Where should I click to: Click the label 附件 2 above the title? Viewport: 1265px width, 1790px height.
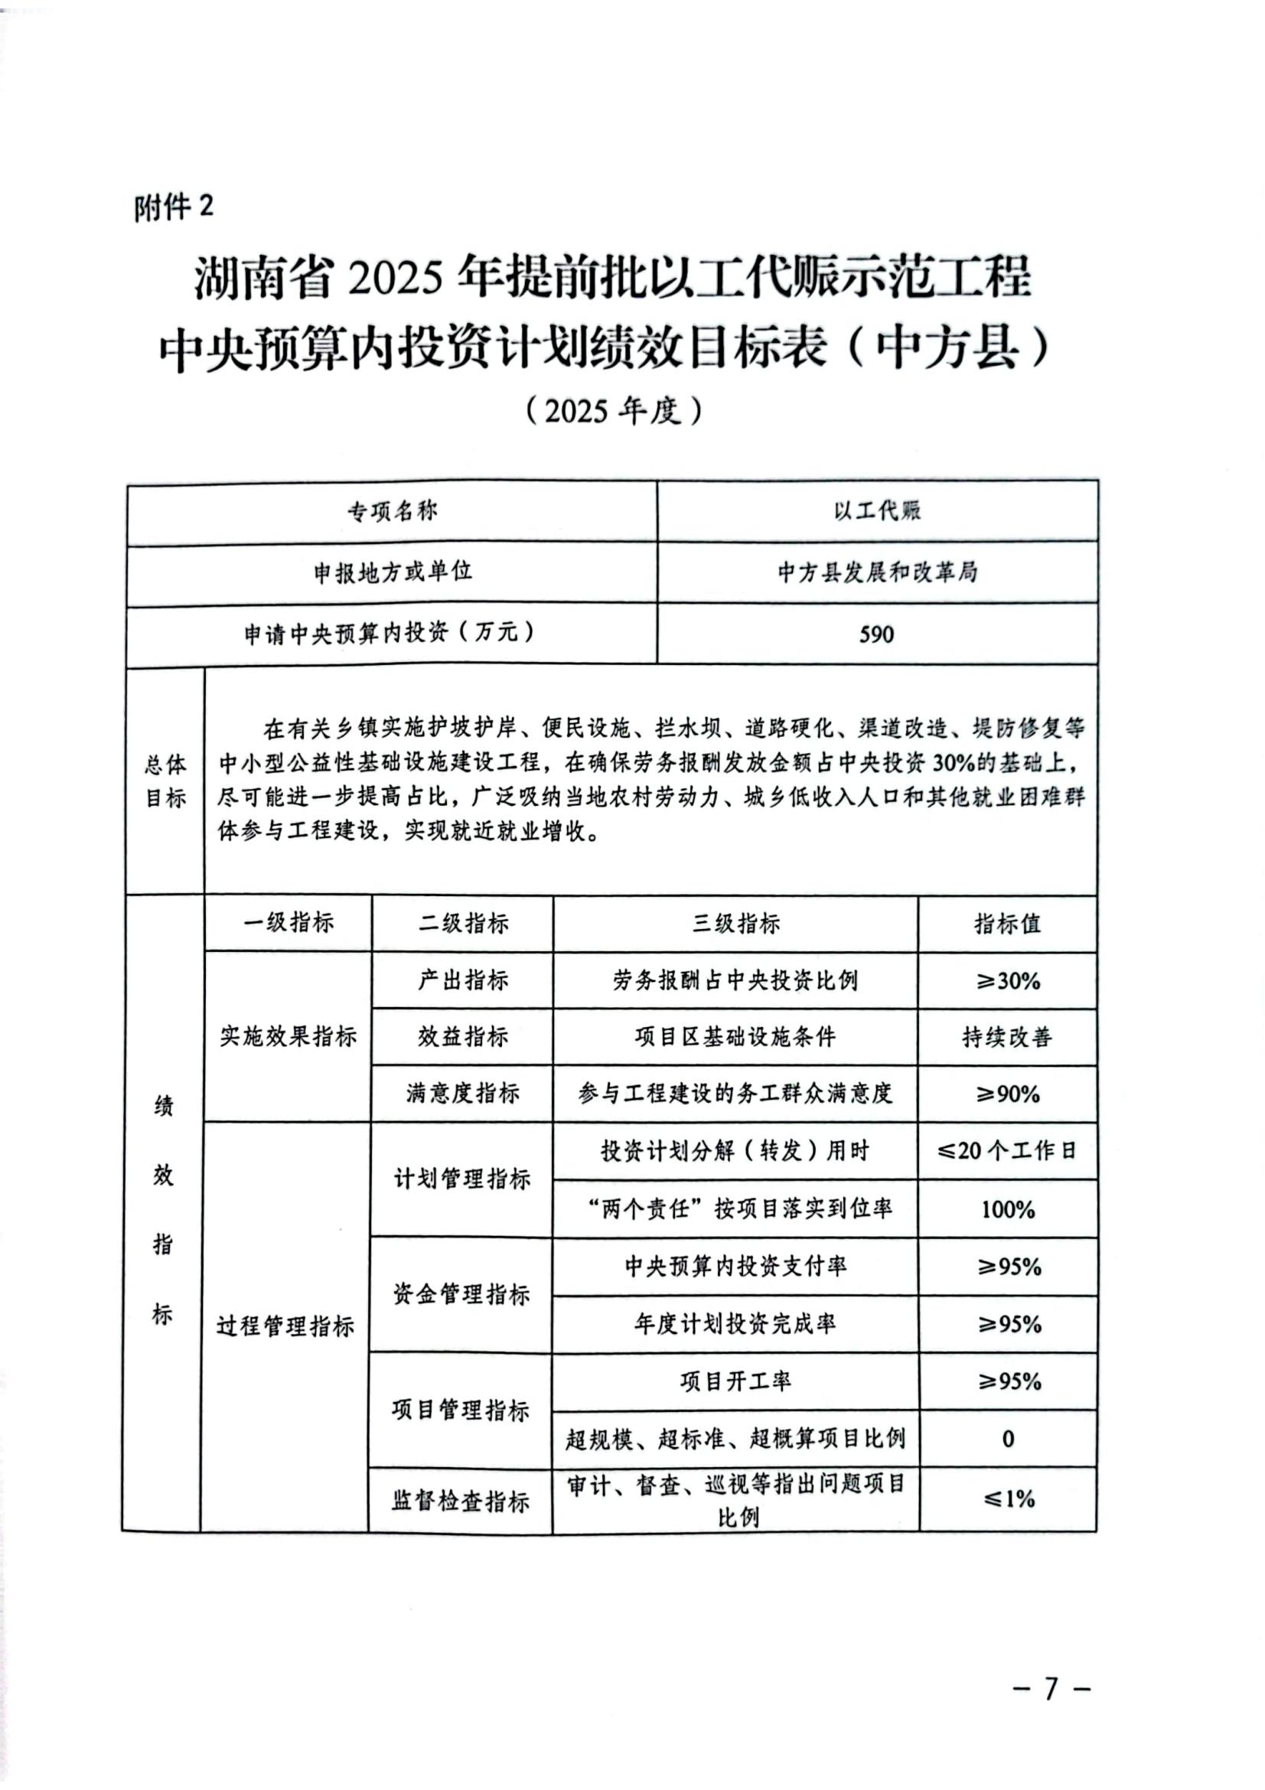click(x=173, y=208)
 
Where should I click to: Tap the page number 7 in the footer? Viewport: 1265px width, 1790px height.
click(x=1051, y=1689)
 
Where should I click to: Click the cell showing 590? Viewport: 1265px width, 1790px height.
click(x=876, y=634)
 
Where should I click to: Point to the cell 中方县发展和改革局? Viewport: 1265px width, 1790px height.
click(x=877, y=573)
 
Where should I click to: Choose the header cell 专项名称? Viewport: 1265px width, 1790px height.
click(x=392, y=511)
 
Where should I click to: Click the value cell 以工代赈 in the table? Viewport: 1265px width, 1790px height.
click(x=877, y=511)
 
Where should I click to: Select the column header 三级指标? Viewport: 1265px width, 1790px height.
click(x=735, y=924)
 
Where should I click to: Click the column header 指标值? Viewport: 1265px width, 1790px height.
click(x=1007, y=924)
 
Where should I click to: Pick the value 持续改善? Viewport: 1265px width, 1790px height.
click(x=1007, y=1037)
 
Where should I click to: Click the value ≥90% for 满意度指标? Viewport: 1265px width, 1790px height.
click(x=1009, y=1094)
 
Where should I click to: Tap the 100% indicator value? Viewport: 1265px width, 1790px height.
click(x=1008, y=1209)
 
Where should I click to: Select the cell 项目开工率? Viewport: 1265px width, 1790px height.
click(x=735, y=1381)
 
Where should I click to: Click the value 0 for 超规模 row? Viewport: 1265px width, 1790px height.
click(x=1008, y=1439)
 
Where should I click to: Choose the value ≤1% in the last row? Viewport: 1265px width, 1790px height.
click(x=1009, y=1498)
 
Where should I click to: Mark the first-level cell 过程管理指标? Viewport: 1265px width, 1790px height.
click(x=285, y=1326)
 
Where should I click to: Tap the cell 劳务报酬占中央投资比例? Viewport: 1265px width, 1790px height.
click(x=735, y=981)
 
